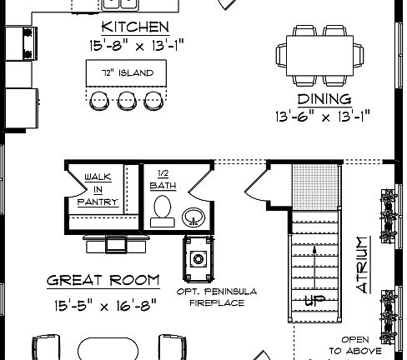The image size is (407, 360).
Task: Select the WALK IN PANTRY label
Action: coord(97,188)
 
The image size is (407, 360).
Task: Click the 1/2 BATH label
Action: coord(163,181)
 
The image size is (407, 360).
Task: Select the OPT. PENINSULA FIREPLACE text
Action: coord(216,297)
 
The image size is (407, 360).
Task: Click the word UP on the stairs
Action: coord(314,301)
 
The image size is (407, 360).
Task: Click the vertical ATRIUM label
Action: coord(362,264)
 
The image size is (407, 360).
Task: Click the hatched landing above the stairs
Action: coord(314,187)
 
